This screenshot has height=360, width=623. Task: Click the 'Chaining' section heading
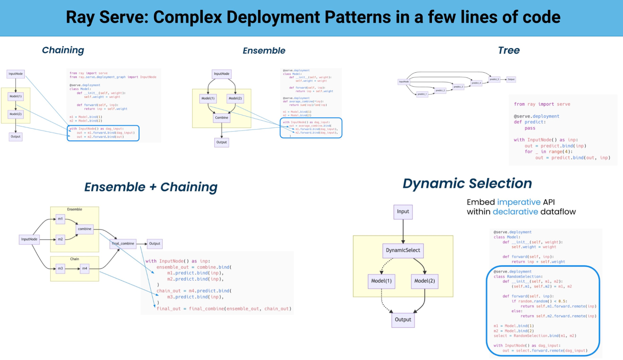coord(63,50)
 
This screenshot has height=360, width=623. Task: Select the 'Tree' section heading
coord(509,50)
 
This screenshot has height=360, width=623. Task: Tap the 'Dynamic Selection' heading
coord(467,183)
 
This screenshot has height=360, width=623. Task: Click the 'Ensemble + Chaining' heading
coord(151,187)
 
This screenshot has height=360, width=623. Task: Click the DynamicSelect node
coord(403,250)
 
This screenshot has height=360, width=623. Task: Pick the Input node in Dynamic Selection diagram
coord(403,212)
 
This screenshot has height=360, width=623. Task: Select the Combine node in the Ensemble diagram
coord(221,118)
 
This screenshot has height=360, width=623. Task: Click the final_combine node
coord(123,244)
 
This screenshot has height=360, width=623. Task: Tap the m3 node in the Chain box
coord(60,268)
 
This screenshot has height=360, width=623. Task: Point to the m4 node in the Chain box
coord(84,268)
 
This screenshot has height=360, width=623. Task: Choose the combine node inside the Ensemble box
coord(84,229)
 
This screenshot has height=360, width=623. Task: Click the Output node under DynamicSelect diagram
coord(403,320)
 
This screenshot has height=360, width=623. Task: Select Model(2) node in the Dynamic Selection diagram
coord(424,281)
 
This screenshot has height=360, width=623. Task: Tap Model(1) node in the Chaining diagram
coord(16,96)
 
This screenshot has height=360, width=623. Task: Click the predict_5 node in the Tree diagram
coord(494,79)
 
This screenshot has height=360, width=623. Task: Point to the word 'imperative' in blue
coord(519,202)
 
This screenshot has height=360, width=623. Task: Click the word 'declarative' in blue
coord(515,212)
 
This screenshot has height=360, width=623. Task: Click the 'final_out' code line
coord(223,309)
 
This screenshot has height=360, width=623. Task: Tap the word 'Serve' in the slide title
coord(123,17)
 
